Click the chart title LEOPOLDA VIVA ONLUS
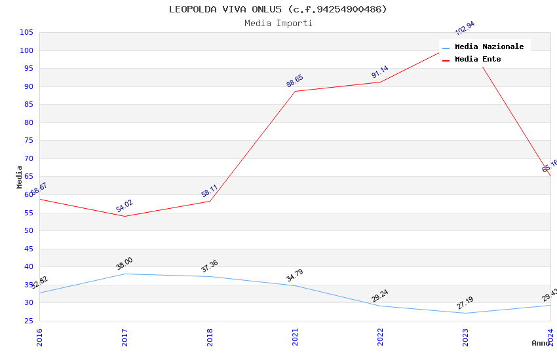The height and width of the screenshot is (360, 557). point(278,9)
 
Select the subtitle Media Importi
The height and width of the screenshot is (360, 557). point(278,24)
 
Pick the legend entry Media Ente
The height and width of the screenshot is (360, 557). point(478,60)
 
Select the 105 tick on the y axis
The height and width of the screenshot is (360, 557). point(27,33)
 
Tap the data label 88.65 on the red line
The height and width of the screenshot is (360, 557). point(295,81)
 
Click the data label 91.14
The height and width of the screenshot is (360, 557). point(379,72)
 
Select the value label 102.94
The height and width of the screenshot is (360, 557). point(465,28)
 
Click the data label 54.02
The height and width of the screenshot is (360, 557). point(125,206)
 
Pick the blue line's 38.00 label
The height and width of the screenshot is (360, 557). point(125,264)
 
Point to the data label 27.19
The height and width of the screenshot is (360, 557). point(465,303)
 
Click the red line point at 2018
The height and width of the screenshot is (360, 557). point(210,201)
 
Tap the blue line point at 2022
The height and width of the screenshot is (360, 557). point(380,306)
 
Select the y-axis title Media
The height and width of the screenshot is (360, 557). point(20,177)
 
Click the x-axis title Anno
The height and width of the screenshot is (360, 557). point(541,343)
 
